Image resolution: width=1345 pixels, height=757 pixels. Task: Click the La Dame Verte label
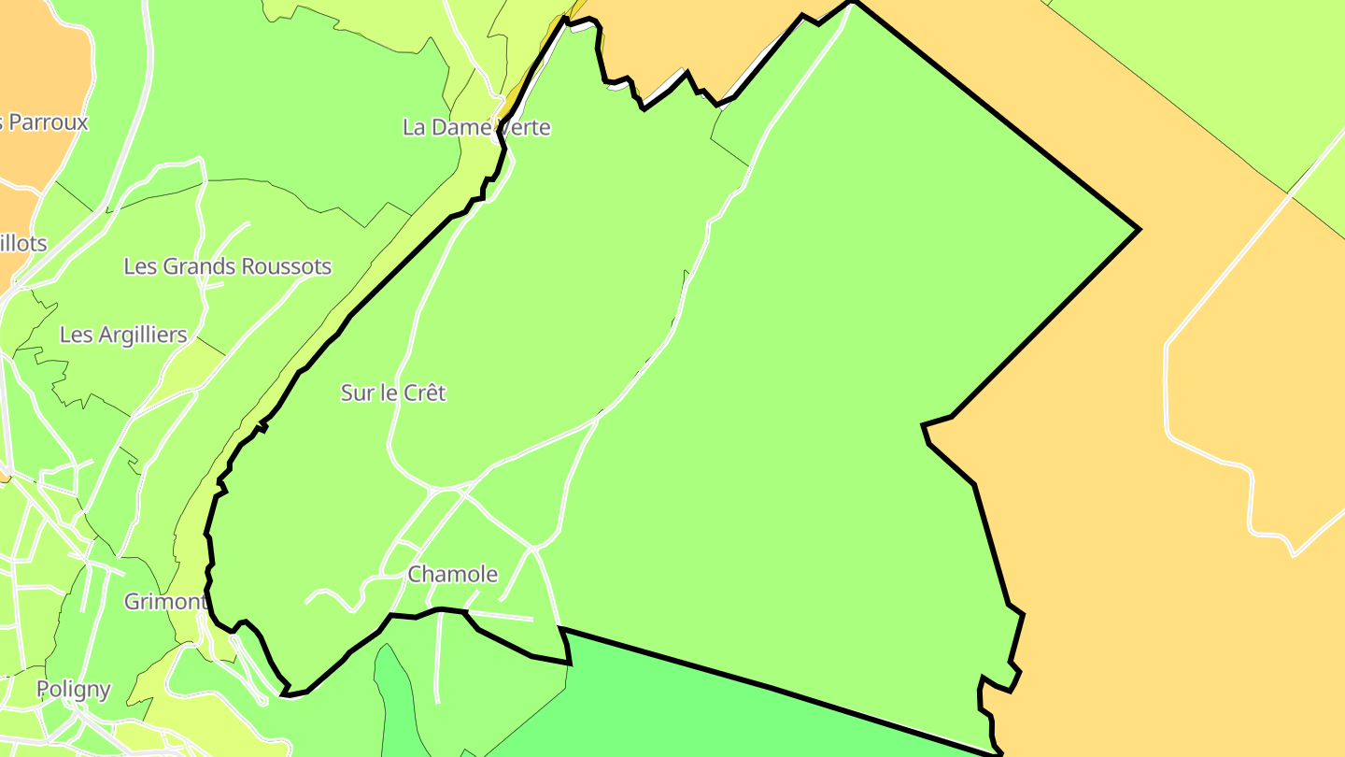(476, 127)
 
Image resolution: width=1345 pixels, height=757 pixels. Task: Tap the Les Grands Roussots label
(227, 266)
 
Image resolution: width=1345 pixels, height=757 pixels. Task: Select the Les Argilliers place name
(123, 335)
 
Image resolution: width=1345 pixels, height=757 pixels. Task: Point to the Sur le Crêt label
(392, 393)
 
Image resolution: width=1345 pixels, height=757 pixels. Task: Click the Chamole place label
(453, 574)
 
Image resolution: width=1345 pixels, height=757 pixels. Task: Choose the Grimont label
(164, 601)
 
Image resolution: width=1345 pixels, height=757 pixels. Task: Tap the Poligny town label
(73, 690)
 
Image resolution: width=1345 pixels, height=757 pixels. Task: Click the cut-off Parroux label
(45, 122)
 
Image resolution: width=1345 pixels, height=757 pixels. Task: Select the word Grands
(198, 266)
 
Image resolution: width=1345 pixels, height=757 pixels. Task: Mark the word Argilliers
(140, 335)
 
